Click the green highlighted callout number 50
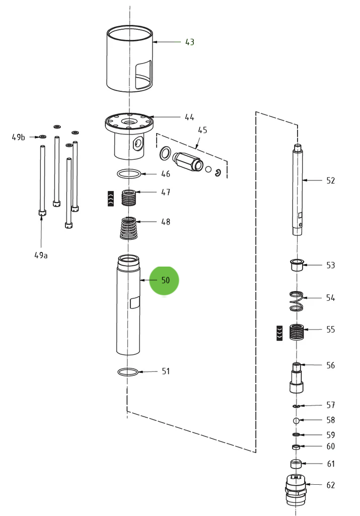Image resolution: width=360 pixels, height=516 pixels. [x=165, y=280]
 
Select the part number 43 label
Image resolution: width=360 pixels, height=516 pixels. [x=189, y=42]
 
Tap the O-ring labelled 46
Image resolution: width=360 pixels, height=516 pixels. [x=129, y=174]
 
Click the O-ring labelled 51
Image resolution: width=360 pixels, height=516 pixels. [x=128, y=372]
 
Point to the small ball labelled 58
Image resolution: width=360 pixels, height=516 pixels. [x=297, y=420]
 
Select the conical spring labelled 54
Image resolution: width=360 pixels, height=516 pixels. [x=297, y=301]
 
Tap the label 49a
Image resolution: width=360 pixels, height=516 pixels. [x=41, y=255]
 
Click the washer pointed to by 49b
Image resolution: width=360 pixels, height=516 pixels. [x=42, y=137]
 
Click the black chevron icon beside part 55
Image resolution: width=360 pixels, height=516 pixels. [x=279, y=333]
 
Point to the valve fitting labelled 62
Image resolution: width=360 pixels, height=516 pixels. [x=296, y=490]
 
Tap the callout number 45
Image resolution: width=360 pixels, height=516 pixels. [x=202, y=130]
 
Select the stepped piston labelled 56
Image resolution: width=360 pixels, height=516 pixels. [x=297, y=378]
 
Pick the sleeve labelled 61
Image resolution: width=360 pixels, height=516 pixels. [x=296, y=464]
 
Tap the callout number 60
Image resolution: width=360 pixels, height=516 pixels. [x=330, y=446]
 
